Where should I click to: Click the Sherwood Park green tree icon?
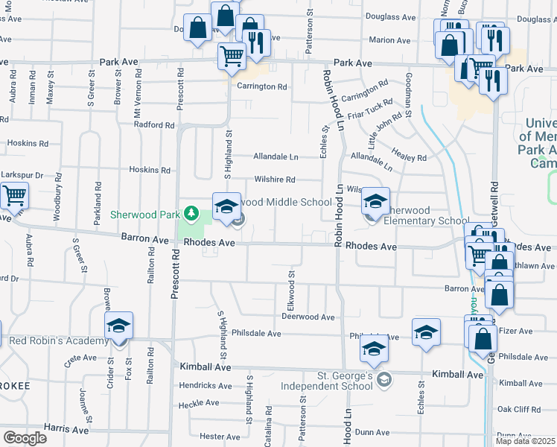point(191,215)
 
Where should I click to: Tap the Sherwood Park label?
point(145,215)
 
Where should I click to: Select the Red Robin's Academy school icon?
point(118,327)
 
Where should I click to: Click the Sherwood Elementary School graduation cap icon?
point(375,202)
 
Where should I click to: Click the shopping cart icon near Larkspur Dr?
point(14,197)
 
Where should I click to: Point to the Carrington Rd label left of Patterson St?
point(262,86)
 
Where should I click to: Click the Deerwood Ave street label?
point(308,317)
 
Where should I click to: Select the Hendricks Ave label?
point(206,385)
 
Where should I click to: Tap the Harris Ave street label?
point(66,428)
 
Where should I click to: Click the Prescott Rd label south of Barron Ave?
point(175,273)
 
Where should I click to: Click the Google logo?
point(25,437)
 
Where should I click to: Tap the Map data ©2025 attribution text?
point(525,441)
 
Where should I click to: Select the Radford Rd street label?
point(153,124)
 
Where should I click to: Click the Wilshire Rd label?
point(275,180)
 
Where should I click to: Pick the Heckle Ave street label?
point(200,402)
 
